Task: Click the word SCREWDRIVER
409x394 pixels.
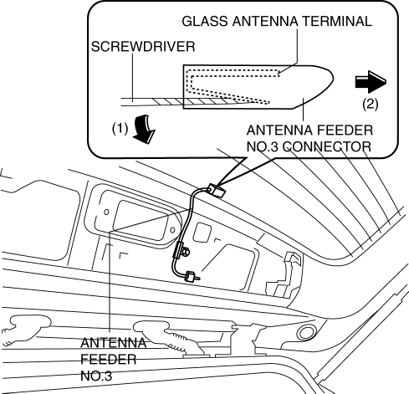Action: [143, 47]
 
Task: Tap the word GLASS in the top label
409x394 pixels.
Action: [205, 21]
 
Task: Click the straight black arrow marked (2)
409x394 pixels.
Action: [371, 82]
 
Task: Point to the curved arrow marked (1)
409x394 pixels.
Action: [144, 129]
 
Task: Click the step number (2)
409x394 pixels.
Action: [371, 105]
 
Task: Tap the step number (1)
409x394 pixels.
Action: [120, 129]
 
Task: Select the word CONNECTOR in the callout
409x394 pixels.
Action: [327, 147]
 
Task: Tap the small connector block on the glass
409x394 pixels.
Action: [217, 190]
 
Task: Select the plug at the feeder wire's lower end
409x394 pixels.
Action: [192, 277]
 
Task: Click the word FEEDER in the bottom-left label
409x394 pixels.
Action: [109, 359]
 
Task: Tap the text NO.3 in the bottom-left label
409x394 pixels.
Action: [96, 376]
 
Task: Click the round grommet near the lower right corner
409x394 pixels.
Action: [306, 332]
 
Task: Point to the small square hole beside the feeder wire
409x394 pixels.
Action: [202, 232]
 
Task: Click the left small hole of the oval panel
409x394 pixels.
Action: [106, 212]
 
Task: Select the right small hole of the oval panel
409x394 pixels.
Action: [172, 230]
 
